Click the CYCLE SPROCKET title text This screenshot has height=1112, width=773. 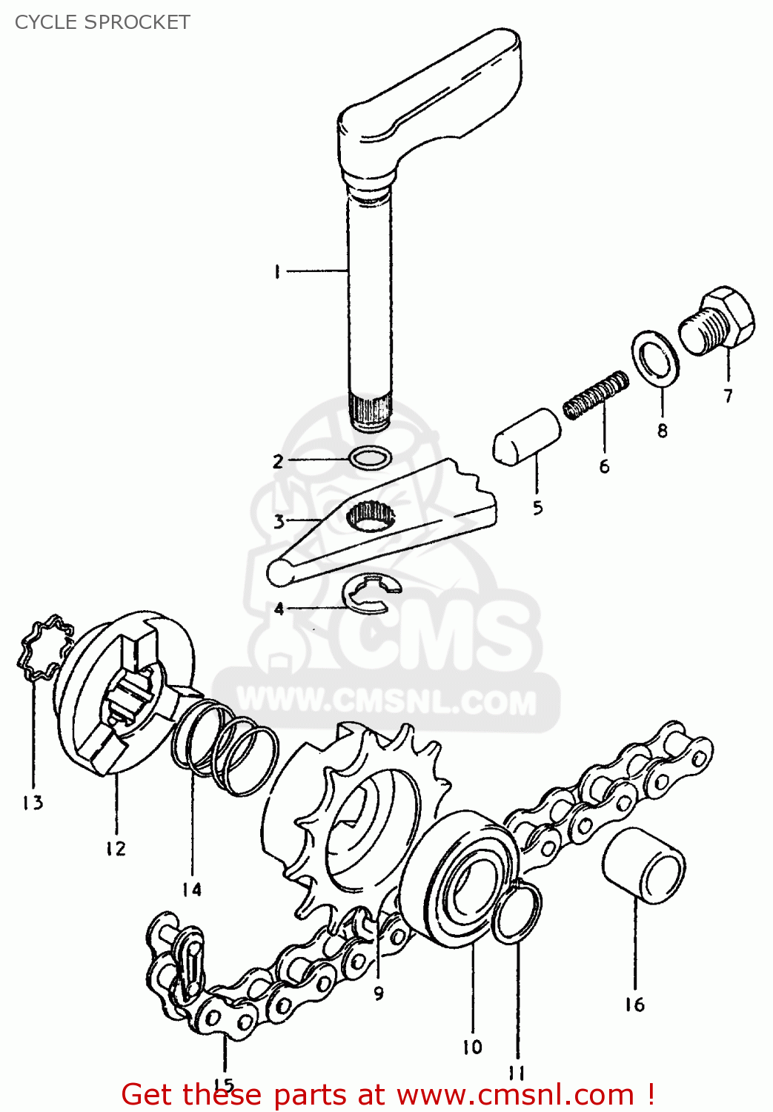point(102,22)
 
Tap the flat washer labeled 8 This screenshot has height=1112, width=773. point(655,358)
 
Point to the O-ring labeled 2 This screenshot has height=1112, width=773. point(371,458)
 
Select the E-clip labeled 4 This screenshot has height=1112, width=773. point(371,594)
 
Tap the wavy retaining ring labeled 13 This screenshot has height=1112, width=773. point(45,646)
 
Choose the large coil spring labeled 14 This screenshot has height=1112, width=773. point(225,748)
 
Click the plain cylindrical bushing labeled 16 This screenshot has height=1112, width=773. point(643,866)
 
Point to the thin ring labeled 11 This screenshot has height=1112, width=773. point(517,912)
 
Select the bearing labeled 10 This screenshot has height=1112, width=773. point(458,879)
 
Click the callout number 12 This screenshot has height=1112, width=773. point(116,848)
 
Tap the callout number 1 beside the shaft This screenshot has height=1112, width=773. point(276,272)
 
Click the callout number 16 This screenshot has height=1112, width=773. point(634,1005)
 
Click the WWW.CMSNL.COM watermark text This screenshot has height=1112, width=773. point(386,701)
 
